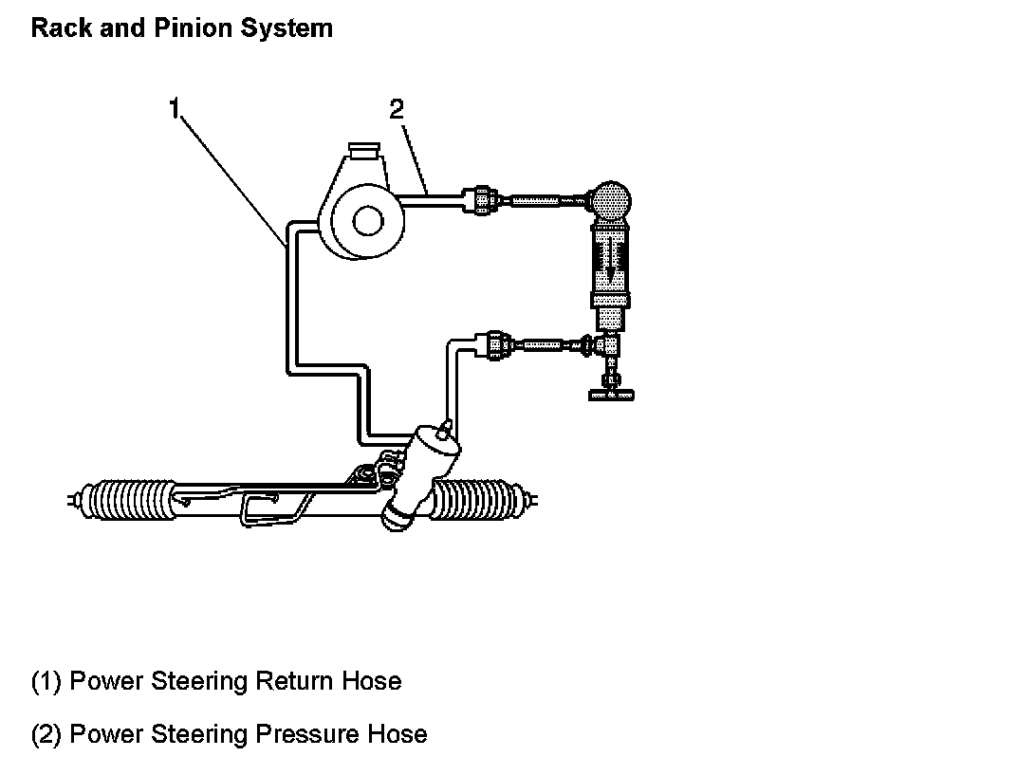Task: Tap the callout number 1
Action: point(175,109)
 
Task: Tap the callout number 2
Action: point(397,109)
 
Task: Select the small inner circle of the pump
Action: point(366,220)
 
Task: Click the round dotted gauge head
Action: point(610,201)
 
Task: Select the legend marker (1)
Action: point(46,681)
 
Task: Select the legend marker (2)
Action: point(46,734)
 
